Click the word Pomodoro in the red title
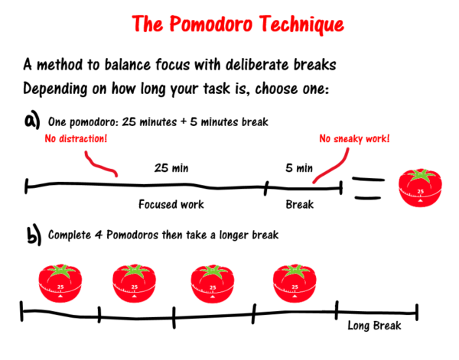[211, 24]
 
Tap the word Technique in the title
[302, 24]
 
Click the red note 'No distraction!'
[76, 138]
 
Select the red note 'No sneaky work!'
[354, 138]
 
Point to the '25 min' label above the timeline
[171, 168]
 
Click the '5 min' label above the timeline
[299, 168]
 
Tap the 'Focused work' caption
[171, 204]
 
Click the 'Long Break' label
[374, 326]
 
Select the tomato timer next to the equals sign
[420, 188]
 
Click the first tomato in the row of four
[60, 283]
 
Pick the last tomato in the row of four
[295, 283]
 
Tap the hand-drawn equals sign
[368, 189]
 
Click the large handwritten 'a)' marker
[32, 119]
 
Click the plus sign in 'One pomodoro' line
[184, 122]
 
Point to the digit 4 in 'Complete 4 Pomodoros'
[99, 235]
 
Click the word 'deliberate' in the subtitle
[257, 64]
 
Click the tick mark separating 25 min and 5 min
[266, 188]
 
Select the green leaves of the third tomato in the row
[213, 271]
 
